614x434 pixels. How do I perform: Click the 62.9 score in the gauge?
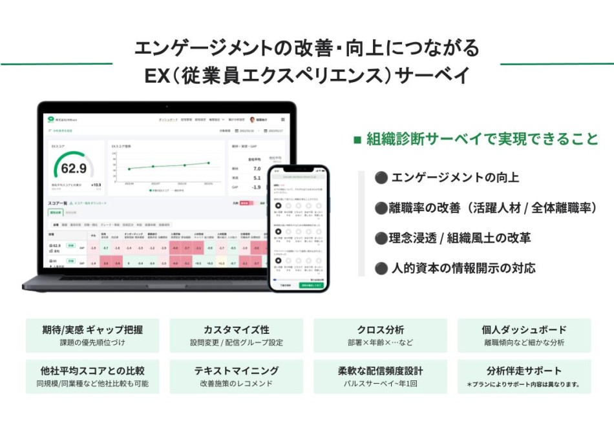click(x=74, y=169)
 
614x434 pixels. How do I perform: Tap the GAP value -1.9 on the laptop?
click(x=257, y=187)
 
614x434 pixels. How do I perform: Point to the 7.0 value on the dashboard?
click(x=257, y=168)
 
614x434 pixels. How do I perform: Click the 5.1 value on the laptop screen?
click(x=257, y=178)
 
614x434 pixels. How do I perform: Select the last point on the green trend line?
click(x=209, y=163)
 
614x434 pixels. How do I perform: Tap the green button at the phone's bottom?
click(x=311, y=284)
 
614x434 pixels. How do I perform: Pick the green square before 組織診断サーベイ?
click(x=357, y=139)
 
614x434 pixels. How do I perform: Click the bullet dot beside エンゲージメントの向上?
click(x=381, y=178)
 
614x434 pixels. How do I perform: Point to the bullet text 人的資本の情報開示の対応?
click(x=463, y=267)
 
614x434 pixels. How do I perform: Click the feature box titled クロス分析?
click(x=380, y=335)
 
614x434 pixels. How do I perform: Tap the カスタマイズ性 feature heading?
click(x=236, y=330)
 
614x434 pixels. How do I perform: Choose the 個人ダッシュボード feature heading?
click(x=524, y=330)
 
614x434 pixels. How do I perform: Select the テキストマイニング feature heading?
click(x=236, y=371)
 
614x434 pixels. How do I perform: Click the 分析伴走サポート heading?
click(x=524, y=371)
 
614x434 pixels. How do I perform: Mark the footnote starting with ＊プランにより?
click(x=524, y=384)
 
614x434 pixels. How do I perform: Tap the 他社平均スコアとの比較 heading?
click(x=92, y=371)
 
